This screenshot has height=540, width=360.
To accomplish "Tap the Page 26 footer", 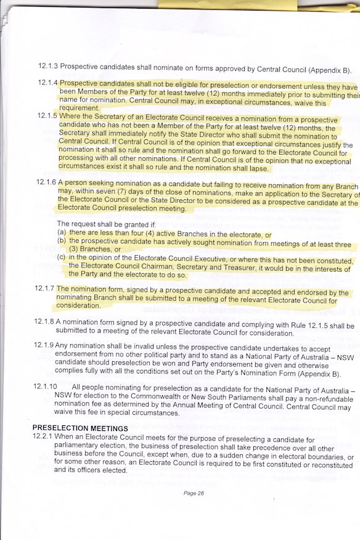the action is (x=194, y=493).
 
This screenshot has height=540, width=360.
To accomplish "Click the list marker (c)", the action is (x=61, y=257).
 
